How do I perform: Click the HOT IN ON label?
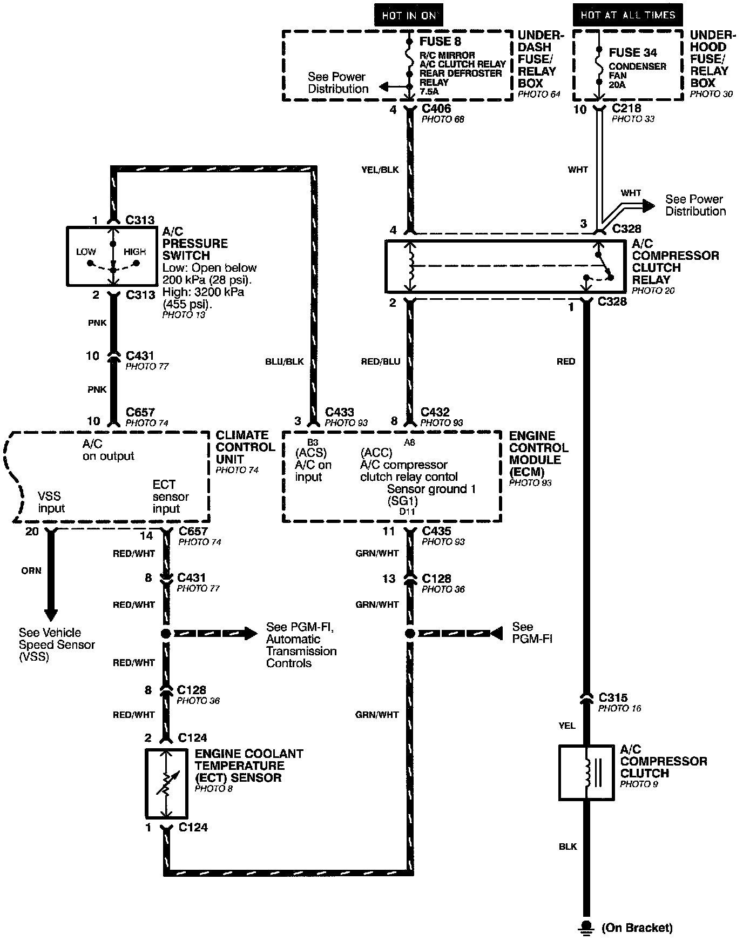tap(409, 15)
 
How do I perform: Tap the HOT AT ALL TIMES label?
tap(627, 15)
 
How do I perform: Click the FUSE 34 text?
tap(633, 52)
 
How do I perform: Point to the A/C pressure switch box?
tap(113, 256)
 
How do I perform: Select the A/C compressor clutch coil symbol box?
tap(586, 773)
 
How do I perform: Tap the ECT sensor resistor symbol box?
tap(166, 783)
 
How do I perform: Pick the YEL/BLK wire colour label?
tap(380, 170)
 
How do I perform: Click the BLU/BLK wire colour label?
tap(285, 361)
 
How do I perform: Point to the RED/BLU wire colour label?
tap(381, 361)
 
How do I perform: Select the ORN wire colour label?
tap(31, 570)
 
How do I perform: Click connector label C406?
tap(436, 109)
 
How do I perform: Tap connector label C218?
tap(626, 108)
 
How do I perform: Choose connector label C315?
tap(613, 697)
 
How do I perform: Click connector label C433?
tap(339, 412)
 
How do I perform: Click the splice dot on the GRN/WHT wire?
tap(410, 633)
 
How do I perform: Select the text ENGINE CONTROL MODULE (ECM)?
tap(538, 453)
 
